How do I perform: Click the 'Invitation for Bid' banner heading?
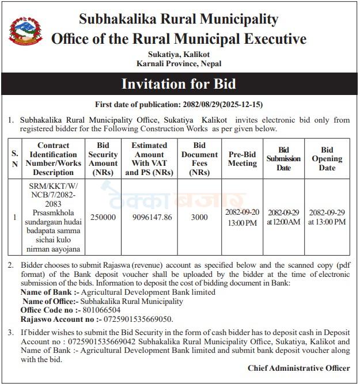pyautogui.click(x=179, y=83)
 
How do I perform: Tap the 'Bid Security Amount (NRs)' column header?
pyautogui.click(x=103, y=159)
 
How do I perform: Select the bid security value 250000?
pyautogui.click(x=103, y=217)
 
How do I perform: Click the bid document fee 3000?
pyautogui.click(x=199, y=217)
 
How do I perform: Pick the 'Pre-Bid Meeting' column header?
pyautogui.click(x=242, y=159)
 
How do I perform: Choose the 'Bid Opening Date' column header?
pyautogui.click(x=327, y=159)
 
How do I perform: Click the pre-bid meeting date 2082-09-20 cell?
pyautogui.click(x=242, y=217)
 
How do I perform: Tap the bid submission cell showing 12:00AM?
pyautogui.click(x=283, y=217)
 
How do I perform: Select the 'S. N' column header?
pyautogui.click(x=15, y=159)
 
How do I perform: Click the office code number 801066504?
pyautogui.click(x=102, y=310)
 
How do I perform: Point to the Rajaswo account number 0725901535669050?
pyautogui.click(x=139, y=319)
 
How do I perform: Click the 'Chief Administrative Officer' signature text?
pyautogui.click(x=298, y=368)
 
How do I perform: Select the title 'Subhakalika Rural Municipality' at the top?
pyautogui.click(x=179, y=19)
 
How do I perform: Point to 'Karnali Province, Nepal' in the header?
pyautogui.click(x=179, y=64)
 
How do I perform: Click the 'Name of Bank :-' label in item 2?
pyautogui.click(x=46, y=292)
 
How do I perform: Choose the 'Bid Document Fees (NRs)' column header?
pyautogui.click(x=199, y=159)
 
